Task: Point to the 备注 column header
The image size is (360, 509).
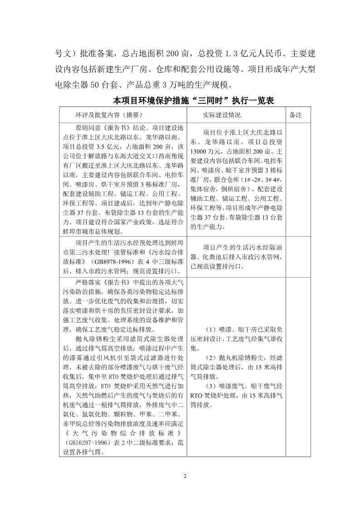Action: (x=295, y=116)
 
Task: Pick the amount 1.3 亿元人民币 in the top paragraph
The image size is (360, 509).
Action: (x=254, y=53)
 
